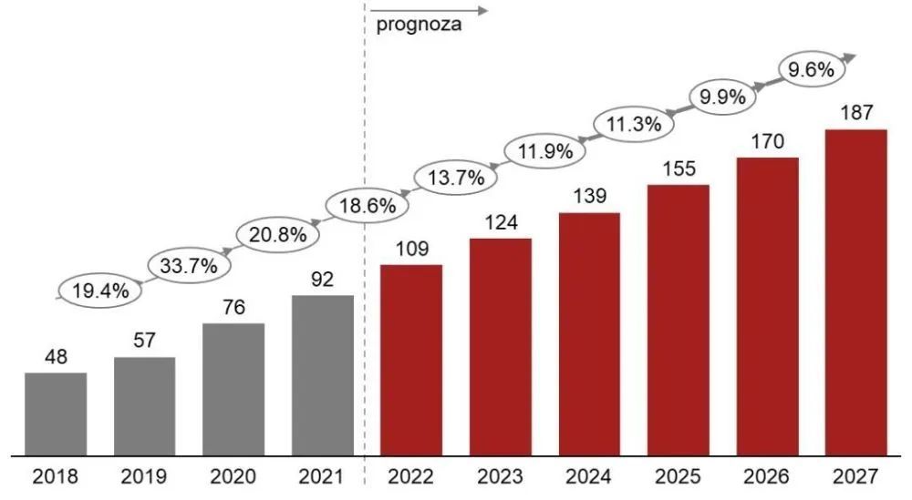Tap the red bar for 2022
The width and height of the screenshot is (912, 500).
click(411, 359)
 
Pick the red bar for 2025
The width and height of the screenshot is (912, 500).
click(679, 319)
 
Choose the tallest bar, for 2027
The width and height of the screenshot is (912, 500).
click(855, 291)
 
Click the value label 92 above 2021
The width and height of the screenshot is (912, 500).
click(323, 280)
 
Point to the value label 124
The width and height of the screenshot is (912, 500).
click(500, 221)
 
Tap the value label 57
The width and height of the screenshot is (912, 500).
click(144, 341)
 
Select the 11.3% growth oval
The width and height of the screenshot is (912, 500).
click(634, 125)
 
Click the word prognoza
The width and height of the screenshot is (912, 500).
click(419, 26)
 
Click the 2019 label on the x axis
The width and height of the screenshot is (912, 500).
click(144, 476)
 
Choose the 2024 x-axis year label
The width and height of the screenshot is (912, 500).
click(589, 476)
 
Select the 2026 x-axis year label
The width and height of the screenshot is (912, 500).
click(767, 476)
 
